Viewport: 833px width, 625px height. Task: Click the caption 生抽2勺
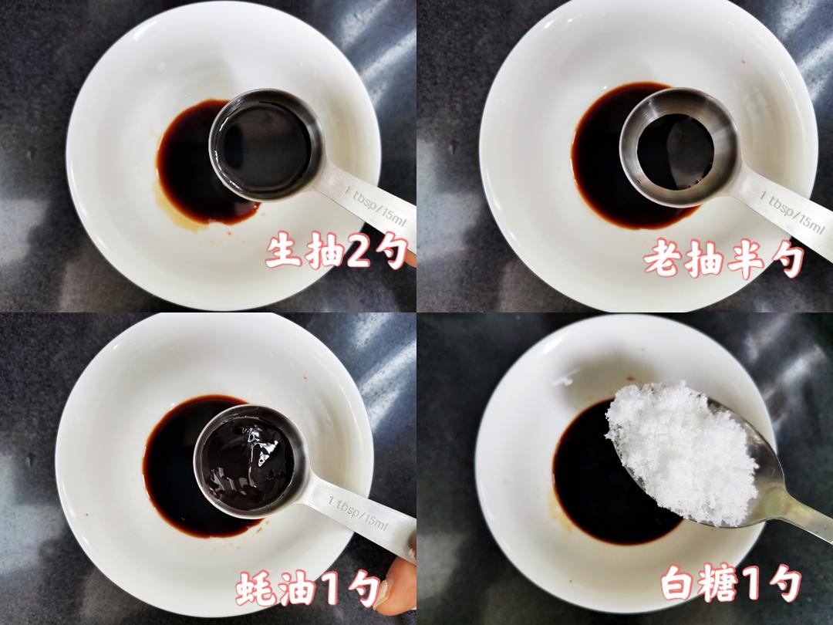(336, 252)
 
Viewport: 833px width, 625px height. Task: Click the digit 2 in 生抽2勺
(357, 252)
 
